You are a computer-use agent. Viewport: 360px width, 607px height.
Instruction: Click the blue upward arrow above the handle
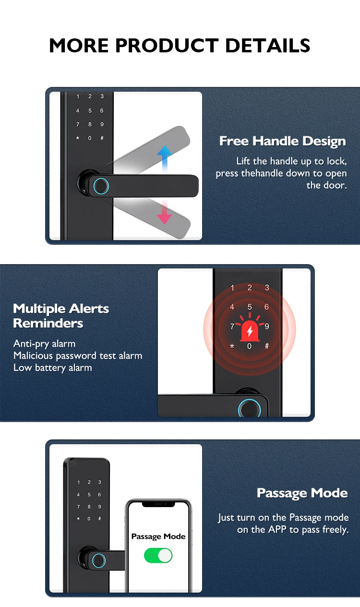[165, 158]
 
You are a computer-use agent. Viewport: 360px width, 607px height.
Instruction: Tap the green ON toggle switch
[158, 556]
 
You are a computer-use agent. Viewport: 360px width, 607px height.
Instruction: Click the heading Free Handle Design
[283, 141]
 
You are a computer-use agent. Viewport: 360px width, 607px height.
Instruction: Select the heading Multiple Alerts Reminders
[61, 316]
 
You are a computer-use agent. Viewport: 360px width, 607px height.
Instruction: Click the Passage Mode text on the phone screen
[158, 536]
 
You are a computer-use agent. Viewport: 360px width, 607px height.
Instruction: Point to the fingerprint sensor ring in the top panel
[101, 186]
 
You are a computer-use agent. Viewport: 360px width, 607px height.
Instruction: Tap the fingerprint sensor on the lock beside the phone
[98, 560]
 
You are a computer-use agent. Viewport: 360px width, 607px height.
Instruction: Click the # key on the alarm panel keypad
[267, 346]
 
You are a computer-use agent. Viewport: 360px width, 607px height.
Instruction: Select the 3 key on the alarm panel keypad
[267, 287]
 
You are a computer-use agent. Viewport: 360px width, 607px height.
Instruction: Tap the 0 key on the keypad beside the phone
[89, 519]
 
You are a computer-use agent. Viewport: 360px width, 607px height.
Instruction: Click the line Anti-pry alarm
[45, 344]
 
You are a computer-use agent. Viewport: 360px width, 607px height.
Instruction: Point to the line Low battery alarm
[53, 368]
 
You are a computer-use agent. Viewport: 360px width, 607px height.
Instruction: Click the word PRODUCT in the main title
[167, 45]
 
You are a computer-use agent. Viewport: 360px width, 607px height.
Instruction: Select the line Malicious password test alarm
[78, 356]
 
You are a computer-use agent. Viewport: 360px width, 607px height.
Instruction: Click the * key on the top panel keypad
[78, 138]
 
